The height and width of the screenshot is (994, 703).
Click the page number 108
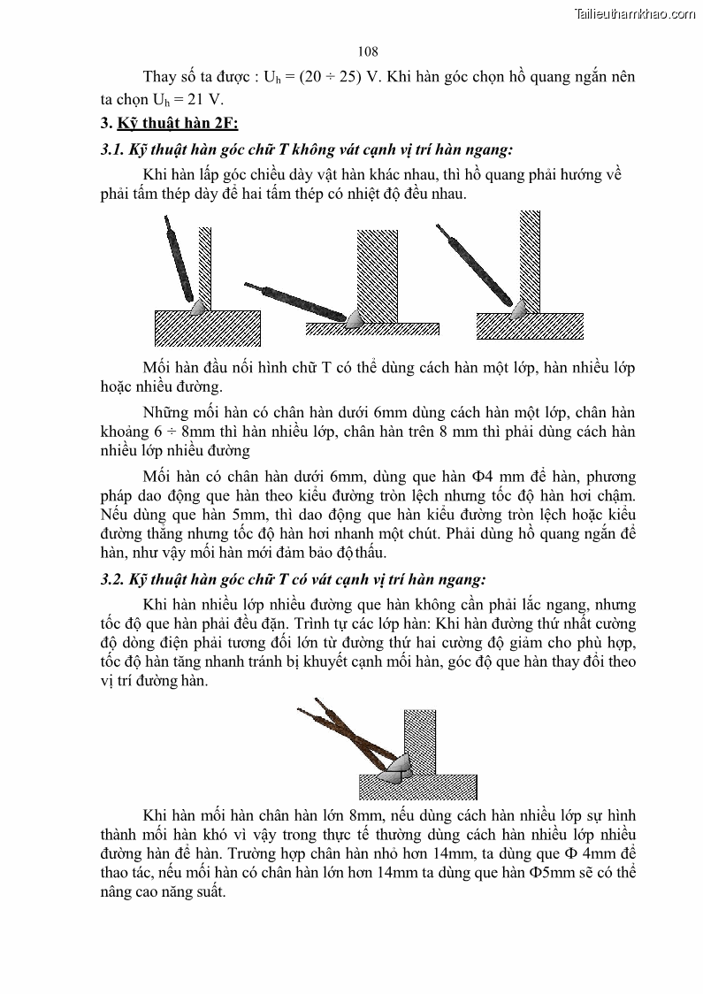point(369,52)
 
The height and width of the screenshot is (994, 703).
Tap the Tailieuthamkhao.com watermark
point(635,13)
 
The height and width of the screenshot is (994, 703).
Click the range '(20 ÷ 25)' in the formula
point(330,77)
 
